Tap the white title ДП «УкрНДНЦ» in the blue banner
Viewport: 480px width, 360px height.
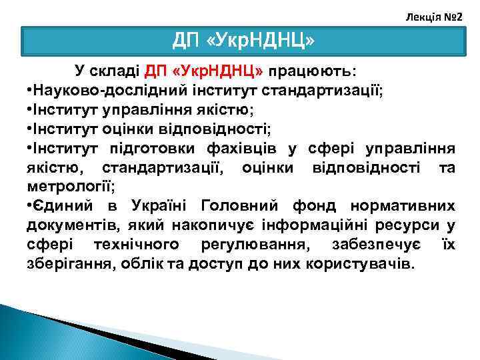243,42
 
